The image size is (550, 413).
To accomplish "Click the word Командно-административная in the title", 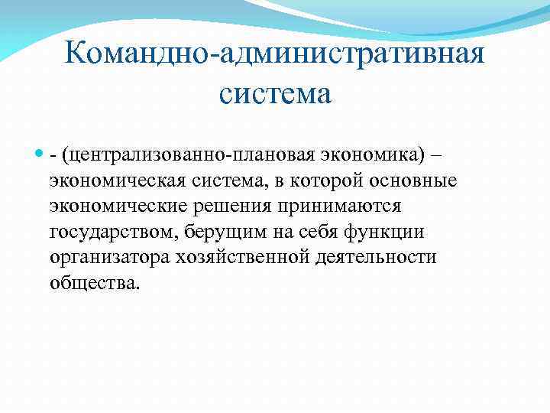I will [x=275, y=55].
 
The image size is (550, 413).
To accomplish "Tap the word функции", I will [x=395, y=233].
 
